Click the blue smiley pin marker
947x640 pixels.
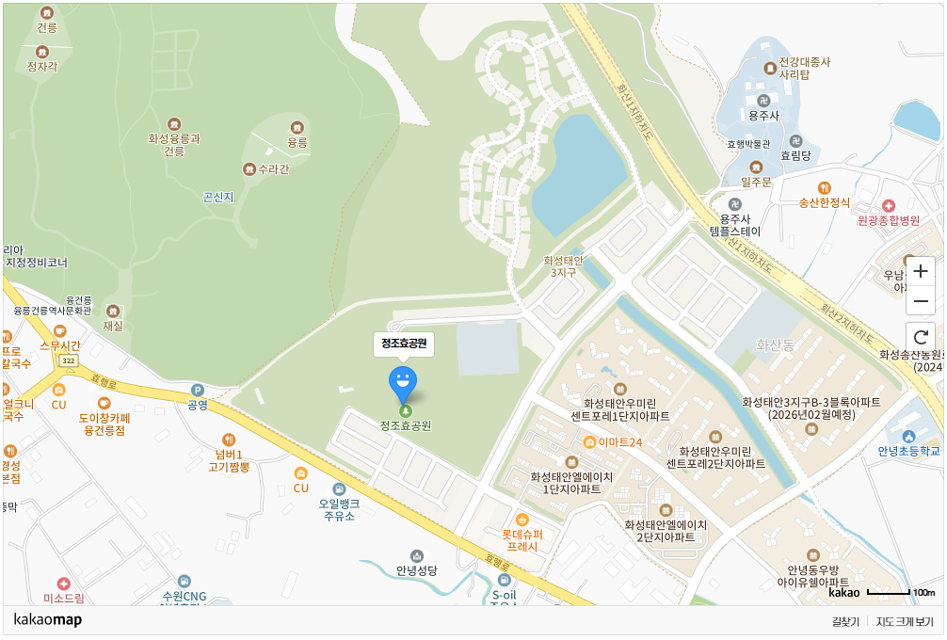click(x=403, y=383)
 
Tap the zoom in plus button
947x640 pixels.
click(x=921, y=271)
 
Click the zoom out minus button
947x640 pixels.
click(x=921, y=301)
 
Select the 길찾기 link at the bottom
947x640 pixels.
click(x=845, y=621)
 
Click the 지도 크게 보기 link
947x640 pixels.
click(x=905, y=621)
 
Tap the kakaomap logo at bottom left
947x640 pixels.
click(x=48, y=619)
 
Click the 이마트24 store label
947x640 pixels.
click(x=618, y=442)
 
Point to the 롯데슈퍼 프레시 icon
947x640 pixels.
click(x=522, y=519)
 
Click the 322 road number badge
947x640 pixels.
click(x=67, y=361)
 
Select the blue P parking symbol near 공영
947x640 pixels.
click(x=197, y=390)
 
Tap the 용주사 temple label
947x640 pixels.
click(x=762, y=115)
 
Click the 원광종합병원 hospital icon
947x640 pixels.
click(x=888, y=205)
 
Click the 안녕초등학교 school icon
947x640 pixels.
click(x=908, y=436)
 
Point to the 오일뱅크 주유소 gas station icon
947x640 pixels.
click(x=339, y=489)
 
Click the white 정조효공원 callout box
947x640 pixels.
click(x=404, y=344)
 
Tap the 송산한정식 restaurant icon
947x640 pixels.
click(x=825, y=187)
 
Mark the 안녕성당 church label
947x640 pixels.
click(x=417, y=570)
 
